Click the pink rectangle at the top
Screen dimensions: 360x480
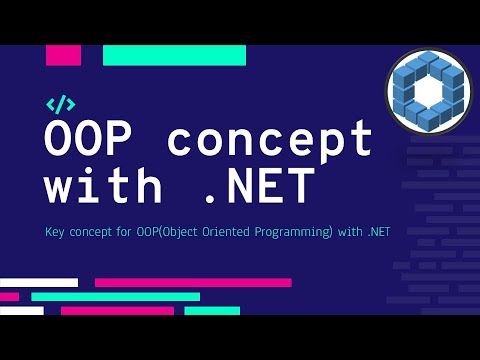(63, 55)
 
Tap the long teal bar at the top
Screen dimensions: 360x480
(174, 55)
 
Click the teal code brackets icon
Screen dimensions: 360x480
(60, 104)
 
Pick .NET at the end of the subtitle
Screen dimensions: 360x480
(377, 233)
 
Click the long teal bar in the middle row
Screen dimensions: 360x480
(115, 297)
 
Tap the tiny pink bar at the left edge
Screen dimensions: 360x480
(9, 297)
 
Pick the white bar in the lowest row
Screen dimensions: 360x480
(21, 311)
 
